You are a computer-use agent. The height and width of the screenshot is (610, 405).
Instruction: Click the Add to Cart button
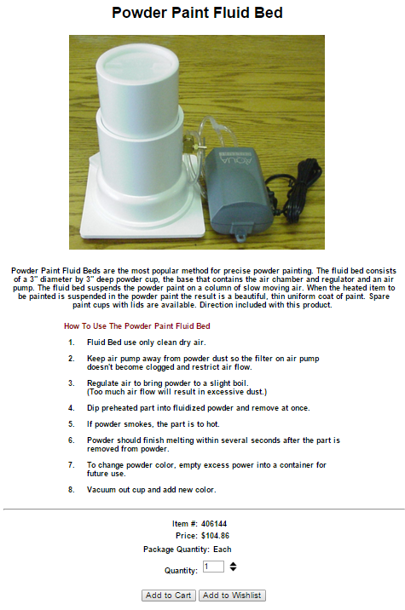168,596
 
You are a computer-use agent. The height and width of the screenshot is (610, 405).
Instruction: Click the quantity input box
213,567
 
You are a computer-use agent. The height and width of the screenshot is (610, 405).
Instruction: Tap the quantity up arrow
233,564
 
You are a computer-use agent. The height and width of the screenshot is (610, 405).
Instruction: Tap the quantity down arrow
233,569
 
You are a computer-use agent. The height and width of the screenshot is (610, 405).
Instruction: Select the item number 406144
214,524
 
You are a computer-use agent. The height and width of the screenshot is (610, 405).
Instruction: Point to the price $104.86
215,536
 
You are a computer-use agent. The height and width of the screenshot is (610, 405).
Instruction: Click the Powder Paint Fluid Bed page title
197,13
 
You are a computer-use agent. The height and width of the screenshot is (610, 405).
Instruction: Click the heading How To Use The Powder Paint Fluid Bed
137,326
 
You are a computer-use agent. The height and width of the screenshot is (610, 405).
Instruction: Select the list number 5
72,424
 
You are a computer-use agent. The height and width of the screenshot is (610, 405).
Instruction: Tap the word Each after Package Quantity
223,550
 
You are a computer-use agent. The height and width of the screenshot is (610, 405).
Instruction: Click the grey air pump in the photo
239,188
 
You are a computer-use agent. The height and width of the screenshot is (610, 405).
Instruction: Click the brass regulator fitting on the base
191,143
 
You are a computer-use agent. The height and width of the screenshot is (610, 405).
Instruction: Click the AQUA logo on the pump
236,158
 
